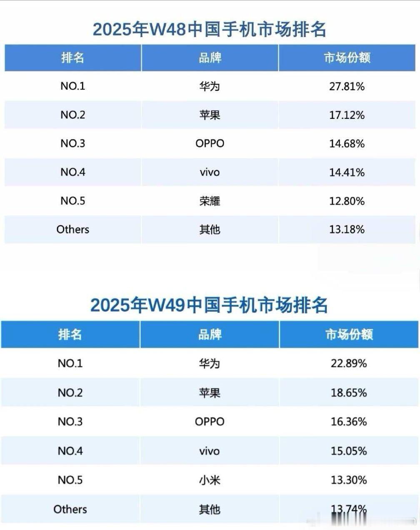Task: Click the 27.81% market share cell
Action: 347,86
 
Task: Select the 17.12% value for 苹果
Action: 347,115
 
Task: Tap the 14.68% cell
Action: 347,144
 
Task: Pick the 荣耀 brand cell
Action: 210,201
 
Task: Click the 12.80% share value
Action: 347,201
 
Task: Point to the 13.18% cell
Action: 347,230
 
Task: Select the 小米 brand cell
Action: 210,480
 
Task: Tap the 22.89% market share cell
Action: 349,364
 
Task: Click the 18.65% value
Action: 349,393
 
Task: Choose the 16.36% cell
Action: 349,422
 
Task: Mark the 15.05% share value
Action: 349,451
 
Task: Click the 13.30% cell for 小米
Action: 349,480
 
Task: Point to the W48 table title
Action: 209,30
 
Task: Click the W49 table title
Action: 209,305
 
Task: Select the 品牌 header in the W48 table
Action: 210,58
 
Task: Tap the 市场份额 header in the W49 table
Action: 349,334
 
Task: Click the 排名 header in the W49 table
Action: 70,334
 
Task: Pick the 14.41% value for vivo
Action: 347,172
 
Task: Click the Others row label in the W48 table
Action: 73,230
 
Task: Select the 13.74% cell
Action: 349,509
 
